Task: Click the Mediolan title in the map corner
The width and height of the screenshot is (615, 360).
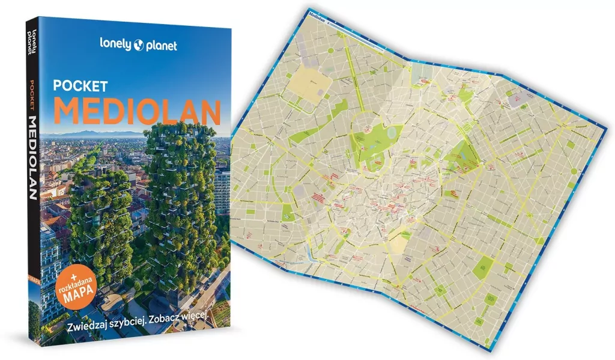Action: pos(319,14)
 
